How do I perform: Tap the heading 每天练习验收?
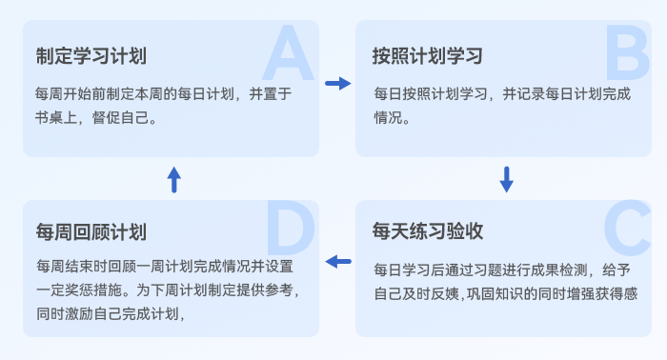point(428,231)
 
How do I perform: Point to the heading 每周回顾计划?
point(91,231)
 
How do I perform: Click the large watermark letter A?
point(288,55)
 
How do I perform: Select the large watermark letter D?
point(289,231)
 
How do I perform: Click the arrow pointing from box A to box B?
point(337,84)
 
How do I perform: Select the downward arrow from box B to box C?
point(507,178)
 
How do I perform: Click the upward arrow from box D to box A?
point(173,178)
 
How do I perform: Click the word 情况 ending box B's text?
point(389,119)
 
